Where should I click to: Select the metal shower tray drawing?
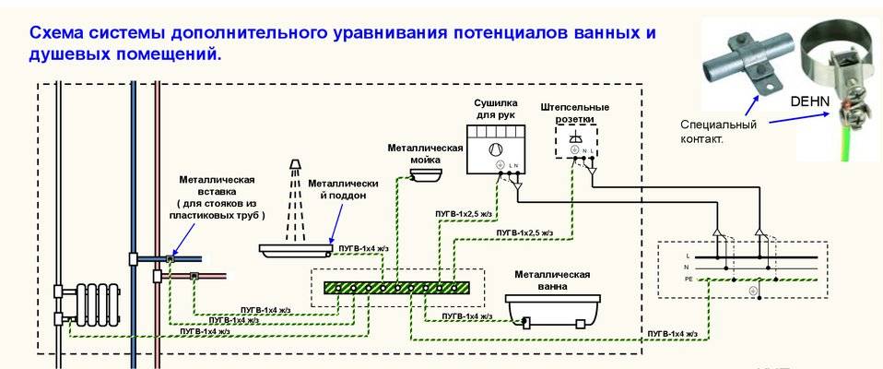(295, 247)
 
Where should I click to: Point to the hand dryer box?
(497, 148)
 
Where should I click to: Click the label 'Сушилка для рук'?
(495, 107)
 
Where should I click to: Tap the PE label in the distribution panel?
(689, 278)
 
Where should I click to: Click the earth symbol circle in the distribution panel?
(753, 292)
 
